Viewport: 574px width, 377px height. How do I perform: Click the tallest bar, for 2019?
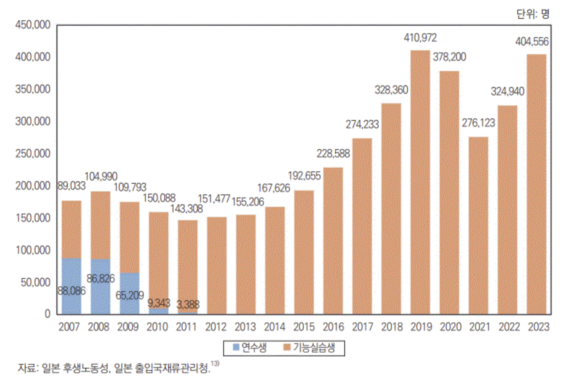coord(420,182)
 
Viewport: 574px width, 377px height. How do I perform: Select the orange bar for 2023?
coord(536,184)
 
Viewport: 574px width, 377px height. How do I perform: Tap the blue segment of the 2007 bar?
coord(72,286)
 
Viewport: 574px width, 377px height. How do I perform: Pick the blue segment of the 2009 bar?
coord(129,293)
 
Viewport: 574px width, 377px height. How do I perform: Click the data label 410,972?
coord(420,38)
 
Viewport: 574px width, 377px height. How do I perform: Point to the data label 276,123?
coord(478,123)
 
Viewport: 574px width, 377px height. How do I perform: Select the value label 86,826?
coord(100,278)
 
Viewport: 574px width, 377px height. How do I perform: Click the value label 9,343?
coord(159,303)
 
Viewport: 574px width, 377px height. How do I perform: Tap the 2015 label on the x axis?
coord(304,327)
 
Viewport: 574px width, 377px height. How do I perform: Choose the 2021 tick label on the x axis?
coord(479,327)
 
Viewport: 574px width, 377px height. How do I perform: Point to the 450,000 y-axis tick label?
coord(33,25)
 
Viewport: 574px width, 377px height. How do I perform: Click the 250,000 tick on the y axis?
coord(33,153)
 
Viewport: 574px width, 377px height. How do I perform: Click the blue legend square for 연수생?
coord(236,347)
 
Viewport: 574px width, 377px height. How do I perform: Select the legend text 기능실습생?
coord(314,348)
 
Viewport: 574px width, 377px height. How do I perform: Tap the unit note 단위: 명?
coord(533,14)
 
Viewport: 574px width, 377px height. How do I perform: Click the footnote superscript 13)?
coord(215,363)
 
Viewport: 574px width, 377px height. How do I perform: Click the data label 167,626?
coord(273,188)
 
